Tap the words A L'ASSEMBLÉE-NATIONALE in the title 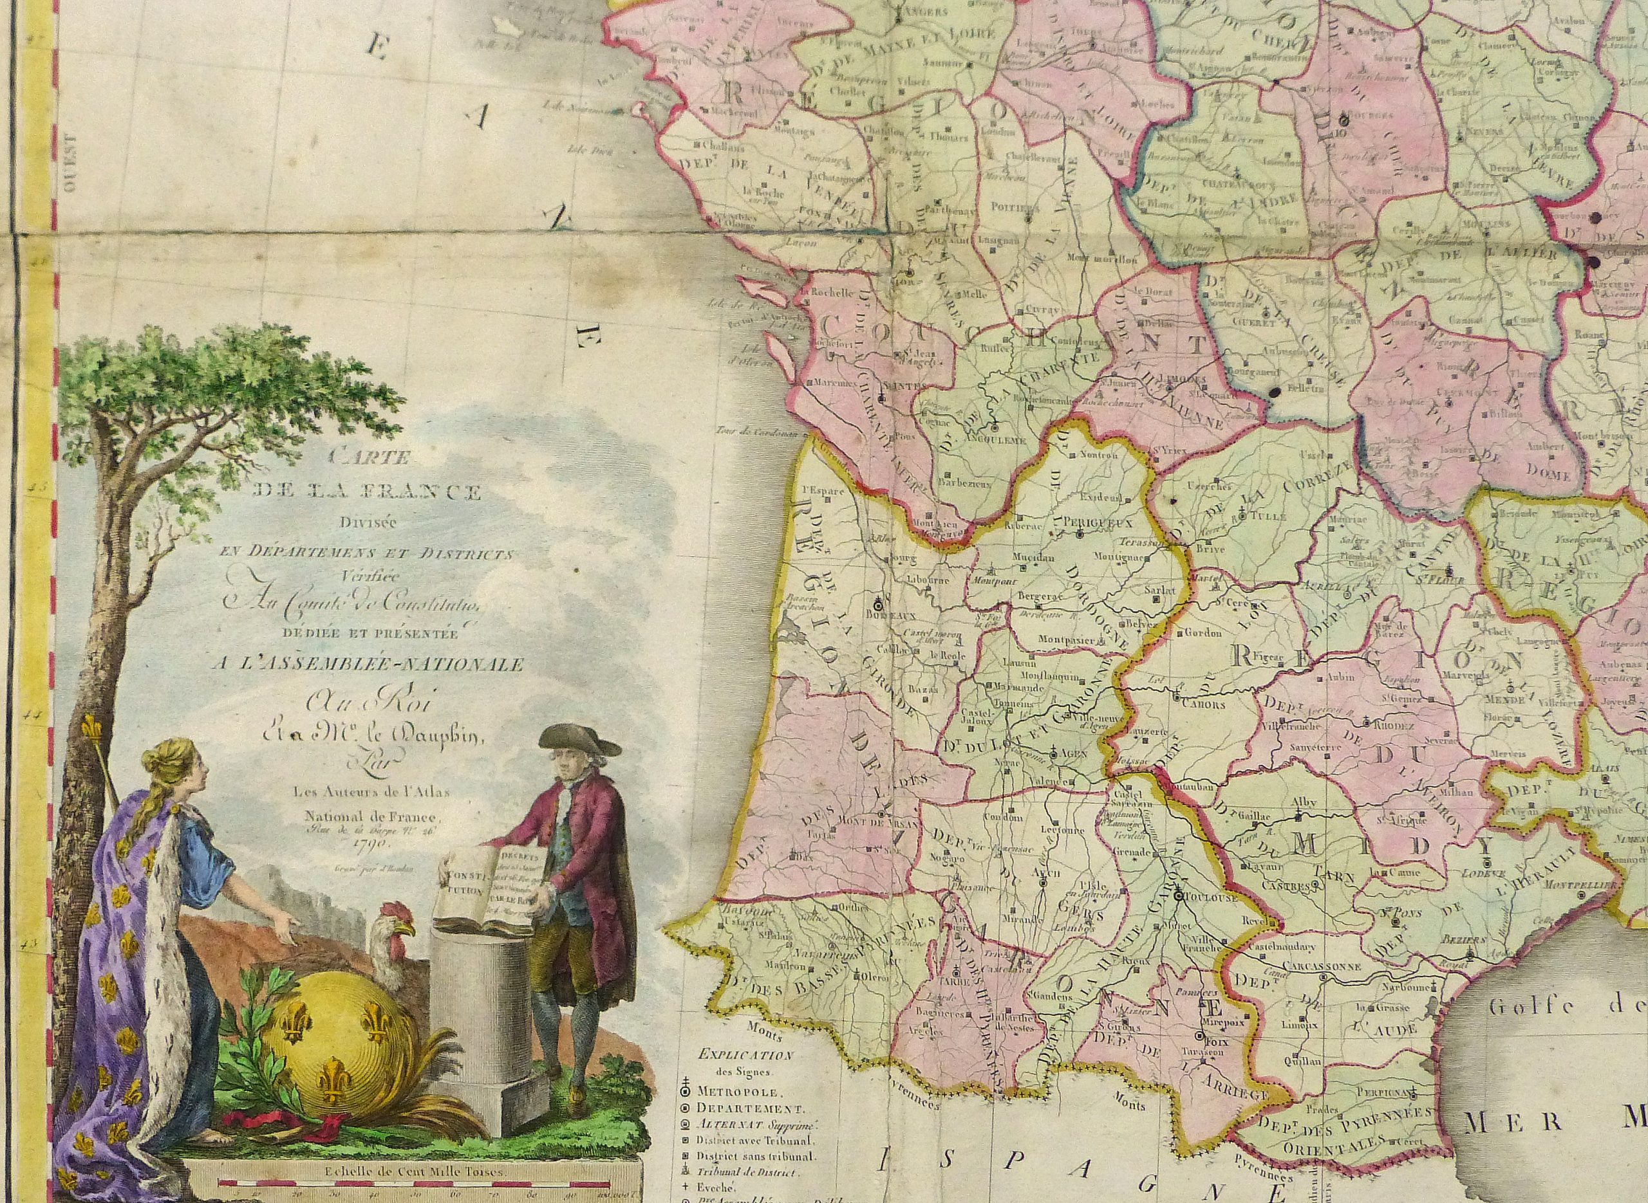(x=367, y=664)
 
